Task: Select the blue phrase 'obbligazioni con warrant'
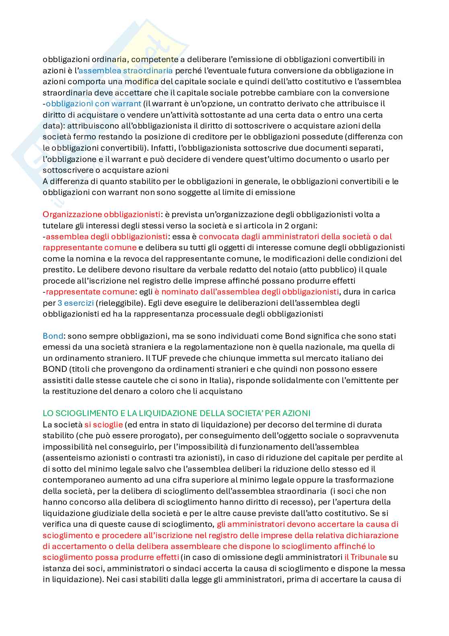click(x=93, y=104)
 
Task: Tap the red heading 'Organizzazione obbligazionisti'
click(x=101, y=214)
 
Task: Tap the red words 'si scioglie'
click(x=103, y=425)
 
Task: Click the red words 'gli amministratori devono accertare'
click(x=278, y=524)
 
